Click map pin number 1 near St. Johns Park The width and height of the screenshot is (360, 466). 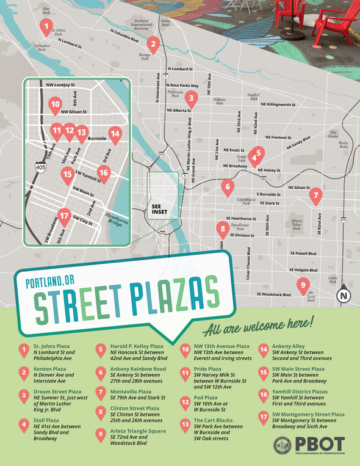[45, 25]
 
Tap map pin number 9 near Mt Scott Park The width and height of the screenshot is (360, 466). [301, 284]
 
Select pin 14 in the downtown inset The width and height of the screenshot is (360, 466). [114, 134]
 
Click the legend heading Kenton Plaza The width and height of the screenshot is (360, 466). [51, 368]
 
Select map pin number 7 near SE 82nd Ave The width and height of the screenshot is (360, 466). [315, 196]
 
